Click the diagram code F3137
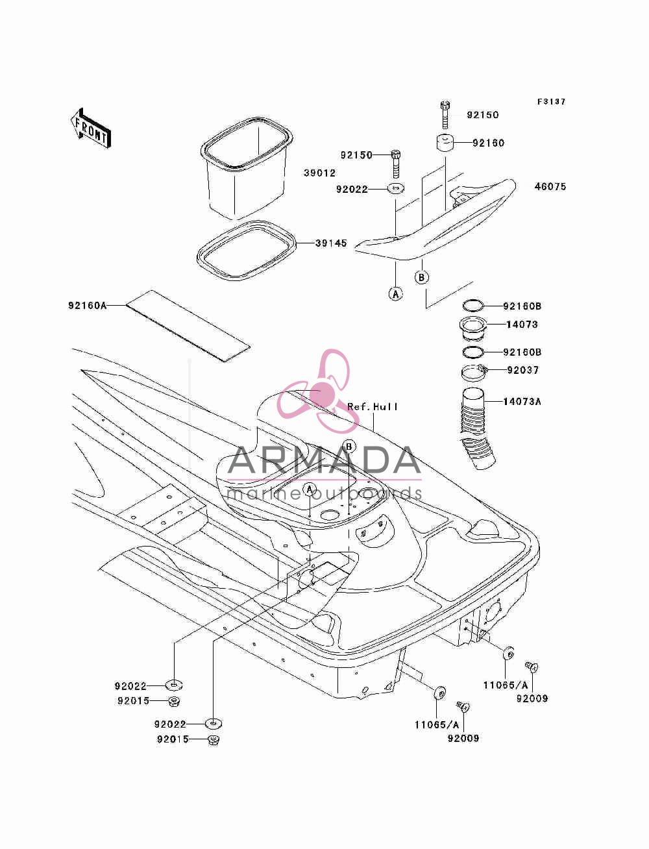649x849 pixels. point(551,101)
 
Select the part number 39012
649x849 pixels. point(319,173)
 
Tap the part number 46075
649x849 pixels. point(550,186)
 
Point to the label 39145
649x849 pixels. point(331,243)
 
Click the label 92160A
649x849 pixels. point(88,306)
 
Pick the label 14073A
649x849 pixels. point(522,402)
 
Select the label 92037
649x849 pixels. point(522,370)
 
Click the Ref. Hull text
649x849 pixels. point(373,406)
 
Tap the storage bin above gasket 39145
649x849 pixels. point(247,169)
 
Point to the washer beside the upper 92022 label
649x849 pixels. point(396,189)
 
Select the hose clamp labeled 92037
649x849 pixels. point(474,373)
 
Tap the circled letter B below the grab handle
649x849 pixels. point(422,277)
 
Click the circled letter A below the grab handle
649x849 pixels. point(395,294)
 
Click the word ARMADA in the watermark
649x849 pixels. point(324,460)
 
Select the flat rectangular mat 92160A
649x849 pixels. point(188,326)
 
